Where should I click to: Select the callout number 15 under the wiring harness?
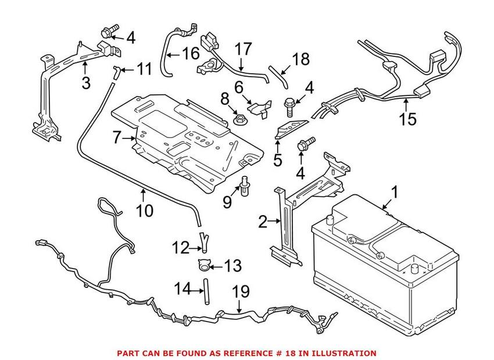coord(407,120)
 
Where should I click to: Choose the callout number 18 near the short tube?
coord(301,59)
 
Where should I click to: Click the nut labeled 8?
coord(238,121)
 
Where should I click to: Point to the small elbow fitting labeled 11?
coord(117,71)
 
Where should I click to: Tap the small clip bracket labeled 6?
coord(259,106)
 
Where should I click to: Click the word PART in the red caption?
coord(129,353)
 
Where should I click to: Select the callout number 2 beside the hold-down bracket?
coord(263,221)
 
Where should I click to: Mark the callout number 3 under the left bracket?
coord(86,83)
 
